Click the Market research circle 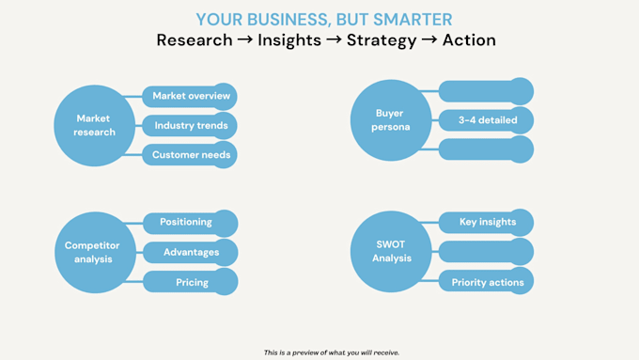click(x=95, y=126)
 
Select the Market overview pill click(x=190, y=97)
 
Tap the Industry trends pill click(x=190, y=126)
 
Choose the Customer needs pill click(x=190, y=155)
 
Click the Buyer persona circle click(x=391, y=120)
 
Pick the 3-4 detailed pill click(x=486, y=120)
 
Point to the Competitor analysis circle click(x=95, y=252)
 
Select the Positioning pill click(x=191, y=224)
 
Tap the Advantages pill click(x=191, y=252)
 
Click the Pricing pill click(x=191, y=282)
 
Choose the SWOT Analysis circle click(x=391, y=252)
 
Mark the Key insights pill click(x=486, y=223)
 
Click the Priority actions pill click(x=486, y=281)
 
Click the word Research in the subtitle click(x=195, y=40)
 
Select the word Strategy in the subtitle click(x=382, y=40)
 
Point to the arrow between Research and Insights click(x=245, y=39)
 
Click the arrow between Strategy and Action click(x=429, y=39)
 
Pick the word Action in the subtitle click(x=469, y=40)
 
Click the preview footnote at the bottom click(x=332, y=352)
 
